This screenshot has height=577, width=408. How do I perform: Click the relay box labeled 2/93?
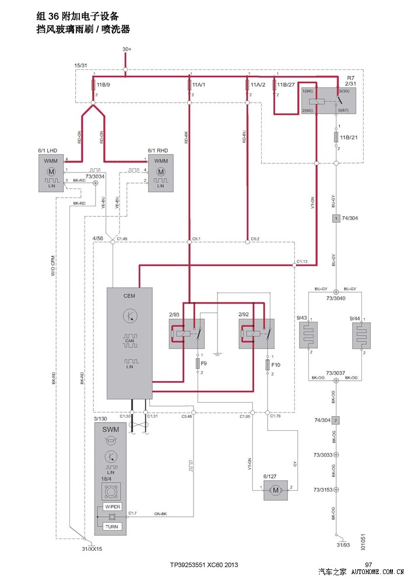tap(186, 334)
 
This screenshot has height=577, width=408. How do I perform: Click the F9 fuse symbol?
tap(198, 364)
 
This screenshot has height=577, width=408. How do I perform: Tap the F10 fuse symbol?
tap(267, 365)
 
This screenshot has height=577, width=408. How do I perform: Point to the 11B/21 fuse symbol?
tap(336, 138)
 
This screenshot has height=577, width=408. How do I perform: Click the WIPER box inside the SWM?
tap(111, 506)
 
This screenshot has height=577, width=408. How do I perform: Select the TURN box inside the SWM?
tap(111, 526)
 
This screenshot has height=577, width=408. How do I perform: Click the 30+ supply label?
tap(126, 50)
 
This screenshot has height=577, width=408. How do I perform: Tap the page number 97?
tap(368, 565)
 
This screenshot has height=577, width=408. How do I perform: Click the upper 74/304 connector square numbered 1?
tap(336, 219)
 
